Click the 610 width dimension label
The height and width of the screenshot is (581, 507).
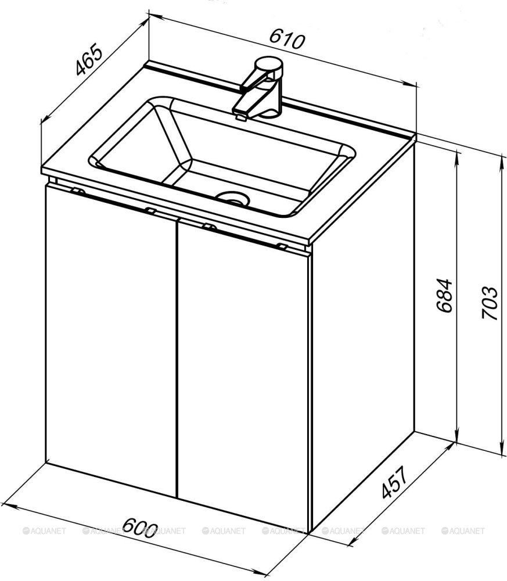[x=287, y=39]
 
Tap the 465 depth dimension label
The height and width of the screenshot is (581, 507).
[x=88, y=59]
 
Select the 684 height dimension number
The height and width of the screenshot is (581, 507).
[x=444, y=295]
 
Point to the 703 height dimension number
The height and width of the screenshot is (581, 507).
[x=489, y=302]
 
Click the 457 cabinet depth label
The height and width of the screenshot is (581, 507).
[x=394, y=482]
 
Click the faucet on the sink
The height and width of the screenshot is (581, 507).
[x=259, y=88]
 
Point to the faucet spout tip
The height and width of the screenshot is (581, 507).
[x=240, y=117]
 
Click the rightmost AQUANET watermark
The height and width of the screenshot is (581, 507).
[x=463, y=531]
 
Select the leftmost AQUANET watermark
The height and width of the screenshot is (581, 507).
[x=45, y=531]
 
